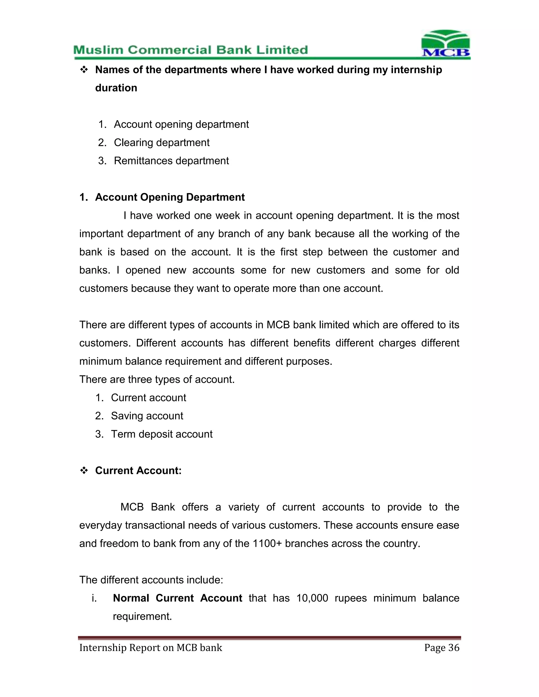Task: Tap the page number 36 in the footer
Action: tap(454, 648)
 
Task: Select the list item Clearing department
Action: tap(162, 142)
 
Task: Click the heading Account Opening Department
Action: tap(170, 197)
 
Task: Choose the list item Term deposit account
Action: tap(162, 434)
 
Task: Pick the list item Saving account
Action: tap(147, 416)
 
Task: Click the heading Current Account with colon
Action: tap(138, 471)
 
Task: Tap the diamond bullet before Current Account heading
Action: tap(84, 471)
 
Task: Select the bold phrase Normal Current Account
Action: tap(178, 598)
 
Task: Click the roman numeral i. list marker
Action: tap(94, 598)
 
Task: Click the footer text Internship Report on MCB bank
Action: tap(151, 648)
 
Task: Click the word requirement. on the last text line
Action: tap(142, 616)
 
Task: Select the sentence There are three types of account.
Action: tap(157, 380)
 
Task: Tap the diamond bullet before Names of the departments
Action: tap(84, 70)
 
